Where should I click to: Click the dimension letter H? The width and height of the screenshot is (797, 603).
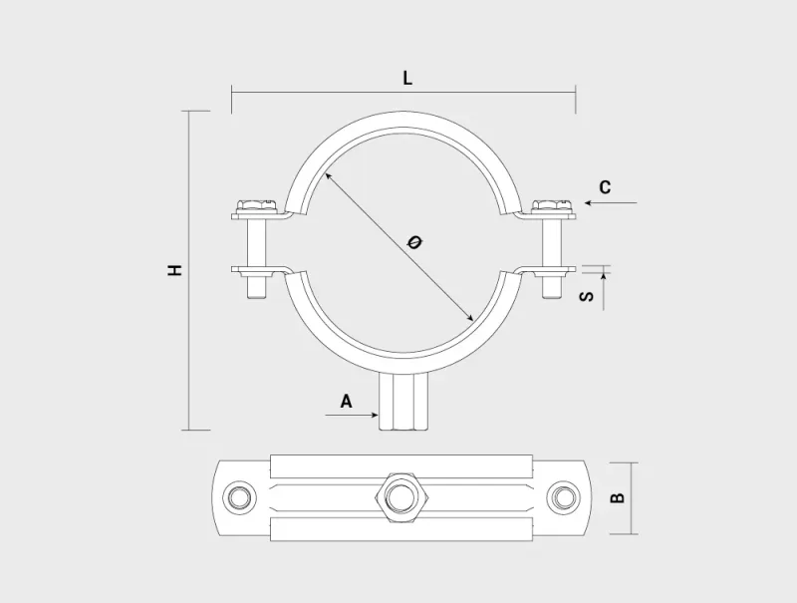pos(175,269)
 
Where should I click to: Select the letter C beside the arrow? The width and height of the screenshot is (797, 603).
pos(605,187)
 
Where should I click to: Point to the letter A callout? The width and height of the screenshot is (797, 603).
pos(346,402)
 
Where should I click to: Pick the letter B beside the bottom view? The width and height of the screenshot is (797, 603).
pos(618,496)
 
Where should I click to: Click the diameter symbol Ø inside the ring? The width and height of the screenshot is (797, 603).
pos(415,241)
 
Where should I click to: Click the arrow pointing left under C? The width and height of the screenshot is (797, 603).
pos(610,203)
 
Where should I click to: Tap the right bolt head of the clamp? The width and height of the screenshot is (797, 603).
pos(549,205)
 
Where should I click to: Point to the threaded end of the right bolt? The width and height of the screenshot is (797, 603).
pos(551,289)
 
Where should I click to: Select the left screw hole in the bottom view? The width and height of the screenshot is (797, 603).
pos(238,496)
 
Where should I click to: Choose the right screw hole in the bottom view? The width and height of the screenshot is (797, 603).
pos(564,496)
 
